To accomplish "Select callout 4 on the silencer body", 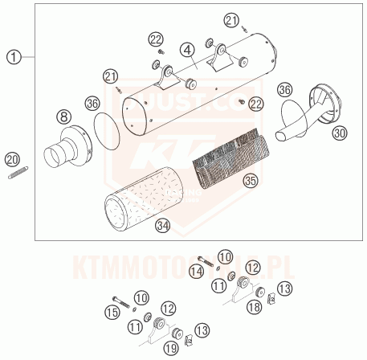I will pyautogui.click(x=186, y=51).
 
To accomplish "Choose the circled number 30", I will pyautogui.click(x=340, y=133).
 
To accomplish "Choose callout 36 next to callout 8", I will pyautogui.click(x=92, y=103).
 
